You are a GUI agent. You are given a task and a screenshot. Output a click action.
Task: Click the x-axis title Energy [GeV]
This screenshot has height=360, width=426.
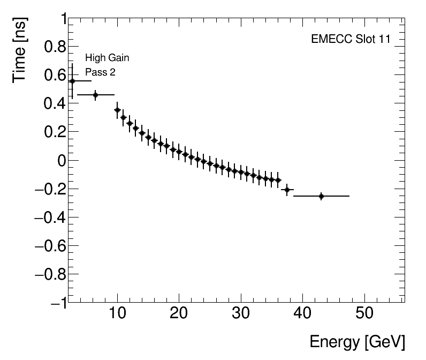357,342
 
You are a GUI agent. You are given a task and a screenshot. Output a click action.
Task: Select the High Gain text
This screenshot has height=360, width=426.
107,58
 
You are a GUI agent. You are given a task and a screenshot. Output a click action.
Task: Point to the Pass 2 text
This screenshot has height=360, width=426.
100,72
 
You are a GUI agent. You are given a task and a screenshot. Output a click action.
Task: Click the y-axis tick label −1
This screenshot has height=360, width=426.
56,303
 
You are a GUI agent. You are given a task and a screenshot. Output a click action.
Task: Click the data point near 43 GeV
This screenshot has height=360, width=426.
321,196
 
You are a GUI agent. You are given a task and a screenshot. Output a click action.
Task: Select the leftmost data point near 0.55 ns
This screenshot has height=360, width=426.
72,81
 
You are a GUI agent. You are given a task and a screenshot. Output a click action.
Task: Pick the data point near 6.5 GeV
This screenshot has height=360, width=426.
96,95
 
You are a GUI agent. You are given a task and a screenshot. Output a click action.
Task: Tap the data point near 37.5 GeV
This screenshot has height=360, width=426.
287,190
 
